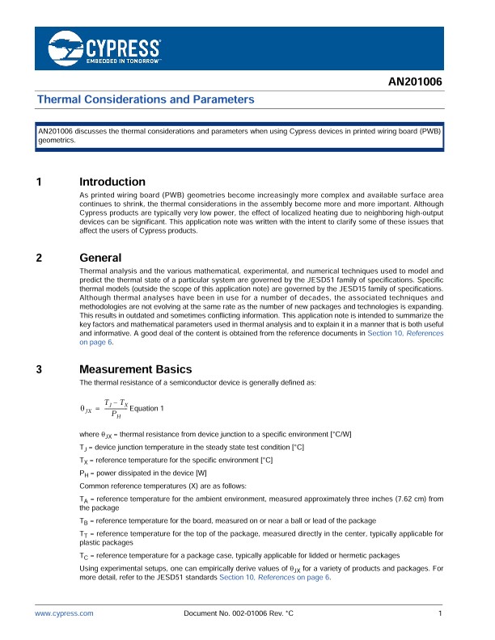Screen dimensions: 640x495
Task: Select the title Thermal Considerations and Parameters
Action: [x=146, y=99]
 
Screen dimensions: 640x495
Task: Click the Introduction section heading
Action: [x=112, y=182]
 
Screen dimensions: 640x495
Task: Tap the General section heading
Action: [x=100, y=258]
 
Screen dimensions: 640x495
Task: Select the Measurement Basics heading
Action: [x=135, y=370]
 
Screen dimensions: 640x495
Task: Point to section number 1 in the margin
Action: [x=39, y=182]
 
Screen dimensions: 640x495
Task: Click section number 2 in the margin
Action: [x=39, y=258]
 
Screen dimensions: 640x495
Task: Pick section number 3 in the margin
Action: [x=39, y=370]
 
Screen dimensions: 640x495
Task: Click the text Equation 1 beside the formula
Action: [x=146, y=407]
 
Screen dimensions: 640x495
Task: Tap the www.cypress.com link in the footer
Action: [x=64, y=615]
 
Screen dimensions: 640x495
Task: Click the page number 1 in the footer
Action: [x=439, y=615]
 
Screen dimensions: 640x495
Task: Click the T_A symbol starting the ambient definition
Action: [x=84, y=501]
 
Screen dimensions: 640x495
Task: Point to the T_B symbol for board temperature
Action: [x=84, y=522]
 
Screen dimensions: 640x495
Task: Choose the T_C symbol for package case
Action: [x=84, y=557]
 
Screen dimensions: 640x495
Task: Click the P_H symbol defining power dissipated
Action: [x=84, y=473]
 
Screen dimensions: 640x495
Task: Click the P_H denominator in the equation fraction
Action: [x=116, y=415]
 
